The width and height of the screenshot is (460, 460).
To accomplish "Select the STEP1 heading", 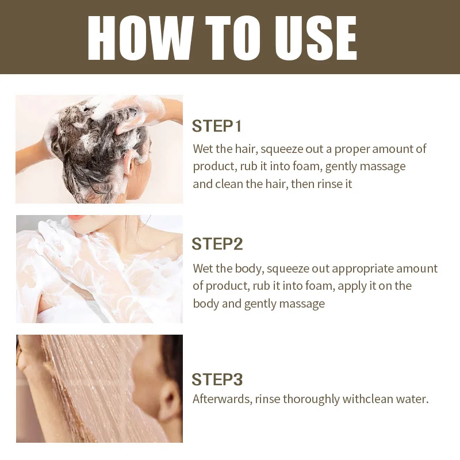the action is (x=217, y=126).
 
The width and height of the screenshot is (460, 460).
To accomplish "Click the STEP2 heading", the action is (x=217, y=244).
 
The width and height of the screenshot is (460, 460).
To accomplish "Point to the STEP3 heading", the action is (x=217, y=379).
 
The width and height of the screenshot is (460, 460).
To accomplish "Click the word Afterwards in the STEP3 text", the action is (x=223, y=399).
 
